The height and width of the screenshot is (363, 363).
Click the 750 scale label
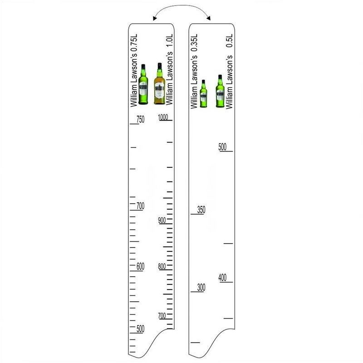[x=140, y=119]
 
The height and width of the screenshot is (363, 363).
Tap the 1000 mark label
[x=163, y=117]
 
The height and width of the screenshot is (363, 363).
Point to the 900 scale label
[x=162, y=220]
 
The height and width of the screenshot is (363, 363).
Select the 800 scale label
[x=162, y=266]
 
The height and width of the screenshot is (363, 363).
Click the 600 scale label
[x=140, y=266]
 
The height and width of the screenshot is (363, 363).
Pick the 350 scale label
[x=201, y=210]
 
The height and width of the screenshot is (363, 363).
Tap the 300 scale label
[x=201, y=288]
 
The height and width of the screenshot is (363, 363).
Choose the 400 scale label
[x=222, y=277]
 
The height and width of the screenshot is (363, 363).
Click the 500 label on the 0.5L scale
[x=222, y=147]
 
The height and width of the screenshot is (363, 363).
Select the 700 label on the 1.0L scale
[x=162, y=315]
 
